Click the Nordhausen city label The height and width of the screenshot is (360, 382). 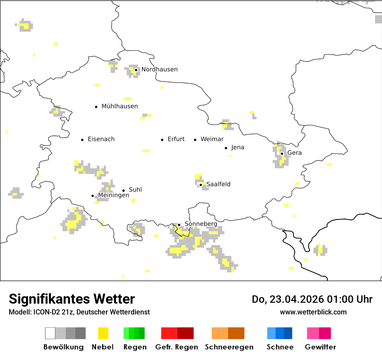click(159, 69)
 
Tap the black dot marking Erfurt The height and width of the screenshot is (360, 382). click(162, 140)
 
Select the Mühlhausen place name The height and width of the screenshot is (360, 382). click(119, 106)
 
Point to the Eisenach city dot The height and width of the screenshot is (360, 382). click(82, 140)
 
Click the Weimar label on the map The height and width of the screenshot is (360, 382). click(212, 139)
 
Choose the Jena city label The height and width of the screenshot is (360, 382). click(237, 147)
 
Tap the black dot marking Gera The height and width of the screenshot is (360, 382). click(282, 154)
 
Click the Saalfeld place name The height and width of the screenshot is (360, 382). click(218, 184)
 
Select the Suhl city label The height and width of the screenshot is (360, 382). click(135, 190)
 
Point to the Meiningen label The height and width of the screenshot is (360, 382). click(113, 196)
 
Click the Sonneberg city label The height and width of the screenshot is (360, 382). click(201, 224)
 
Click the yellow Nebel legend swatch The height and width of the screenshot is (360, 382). click(103, 333)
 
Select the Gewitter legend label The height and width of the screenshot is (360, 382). click(320, 347)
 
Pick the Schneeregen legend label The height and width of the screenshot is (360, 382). click(229, 347)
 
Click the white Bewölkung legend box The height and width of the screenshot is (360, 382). click(50, 333)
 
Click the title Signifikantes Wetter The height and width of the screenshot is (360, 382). click(72, 299)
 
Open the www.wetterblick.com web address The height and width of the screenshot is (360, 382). click(313, 312)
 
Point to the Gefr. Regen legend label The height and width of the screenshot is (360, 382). click(177, 347)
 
